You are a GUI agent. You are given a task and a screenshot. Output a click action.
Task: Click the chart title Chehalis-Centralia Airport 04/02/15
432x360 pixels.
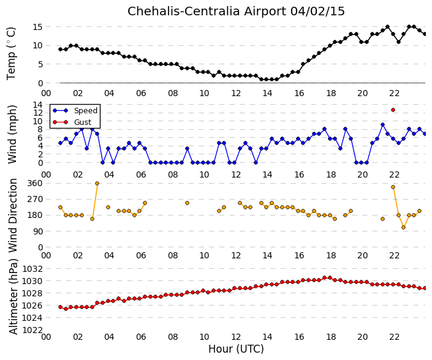[x=236, y=12]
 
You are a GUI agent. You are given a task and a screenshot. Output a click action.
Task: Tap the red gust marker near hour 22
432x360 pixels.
[x=393, y=110]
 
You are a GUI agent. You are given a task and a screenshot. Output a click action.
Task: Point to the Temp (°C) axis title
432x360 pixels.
[x=11, y=53]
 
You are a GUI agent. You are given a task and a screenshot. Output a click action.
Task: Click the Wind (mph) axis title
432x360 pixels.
[x=12, y=135]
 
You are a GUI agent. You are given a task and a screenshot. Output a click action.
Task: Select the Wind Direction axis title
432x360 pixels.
[x=13, y=216]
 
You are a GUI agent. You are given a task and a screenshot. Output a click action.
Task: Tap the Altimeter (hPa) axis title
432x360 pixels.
[x=13, y=296]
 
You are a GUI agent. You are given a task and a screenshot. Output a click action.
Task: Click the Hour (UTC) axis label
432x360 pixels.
[x=236, y=349]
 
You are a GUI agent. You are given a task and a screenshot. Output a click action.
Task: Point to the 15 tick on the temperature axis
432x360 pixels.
[x=37, y=27]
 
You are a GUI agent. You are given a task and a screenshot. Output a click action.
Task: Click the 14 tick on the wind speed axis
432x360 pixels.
[x=37, y=105]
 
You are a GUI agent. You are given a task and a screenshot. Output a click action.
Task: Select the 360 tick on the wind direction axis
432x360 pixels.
[x=35, y=183]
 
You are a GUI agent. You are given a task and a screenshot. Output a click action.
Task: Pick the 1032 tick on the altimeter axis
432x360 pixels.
[x=32, y=269]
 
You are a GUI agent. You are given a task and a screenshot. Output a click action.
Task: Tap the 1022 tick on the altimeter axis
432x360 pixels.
[x=32, y=330]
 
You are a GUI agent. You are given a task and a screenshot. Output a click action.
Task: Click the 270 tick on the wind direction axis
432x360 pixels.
[x=35, y=199]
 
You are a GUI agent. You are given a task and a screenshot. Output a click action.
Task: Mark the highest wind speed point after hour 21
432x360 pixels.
[x=383, y=125]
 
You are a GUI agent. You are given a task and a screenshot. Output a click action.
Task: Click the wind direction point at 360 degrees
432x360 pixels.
[x=97, y=183]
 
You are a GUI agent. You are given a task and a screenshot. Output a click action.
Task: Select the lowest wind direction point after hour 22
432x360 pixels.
[x=404, y=228]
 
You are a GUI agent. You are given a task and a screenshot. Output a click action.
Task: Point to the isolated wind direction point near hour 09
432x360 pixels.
[x=187, y=203]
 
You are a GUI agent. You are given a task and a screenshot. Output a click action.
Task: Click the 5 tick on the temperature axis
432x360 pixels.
[x=40, y=64]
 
